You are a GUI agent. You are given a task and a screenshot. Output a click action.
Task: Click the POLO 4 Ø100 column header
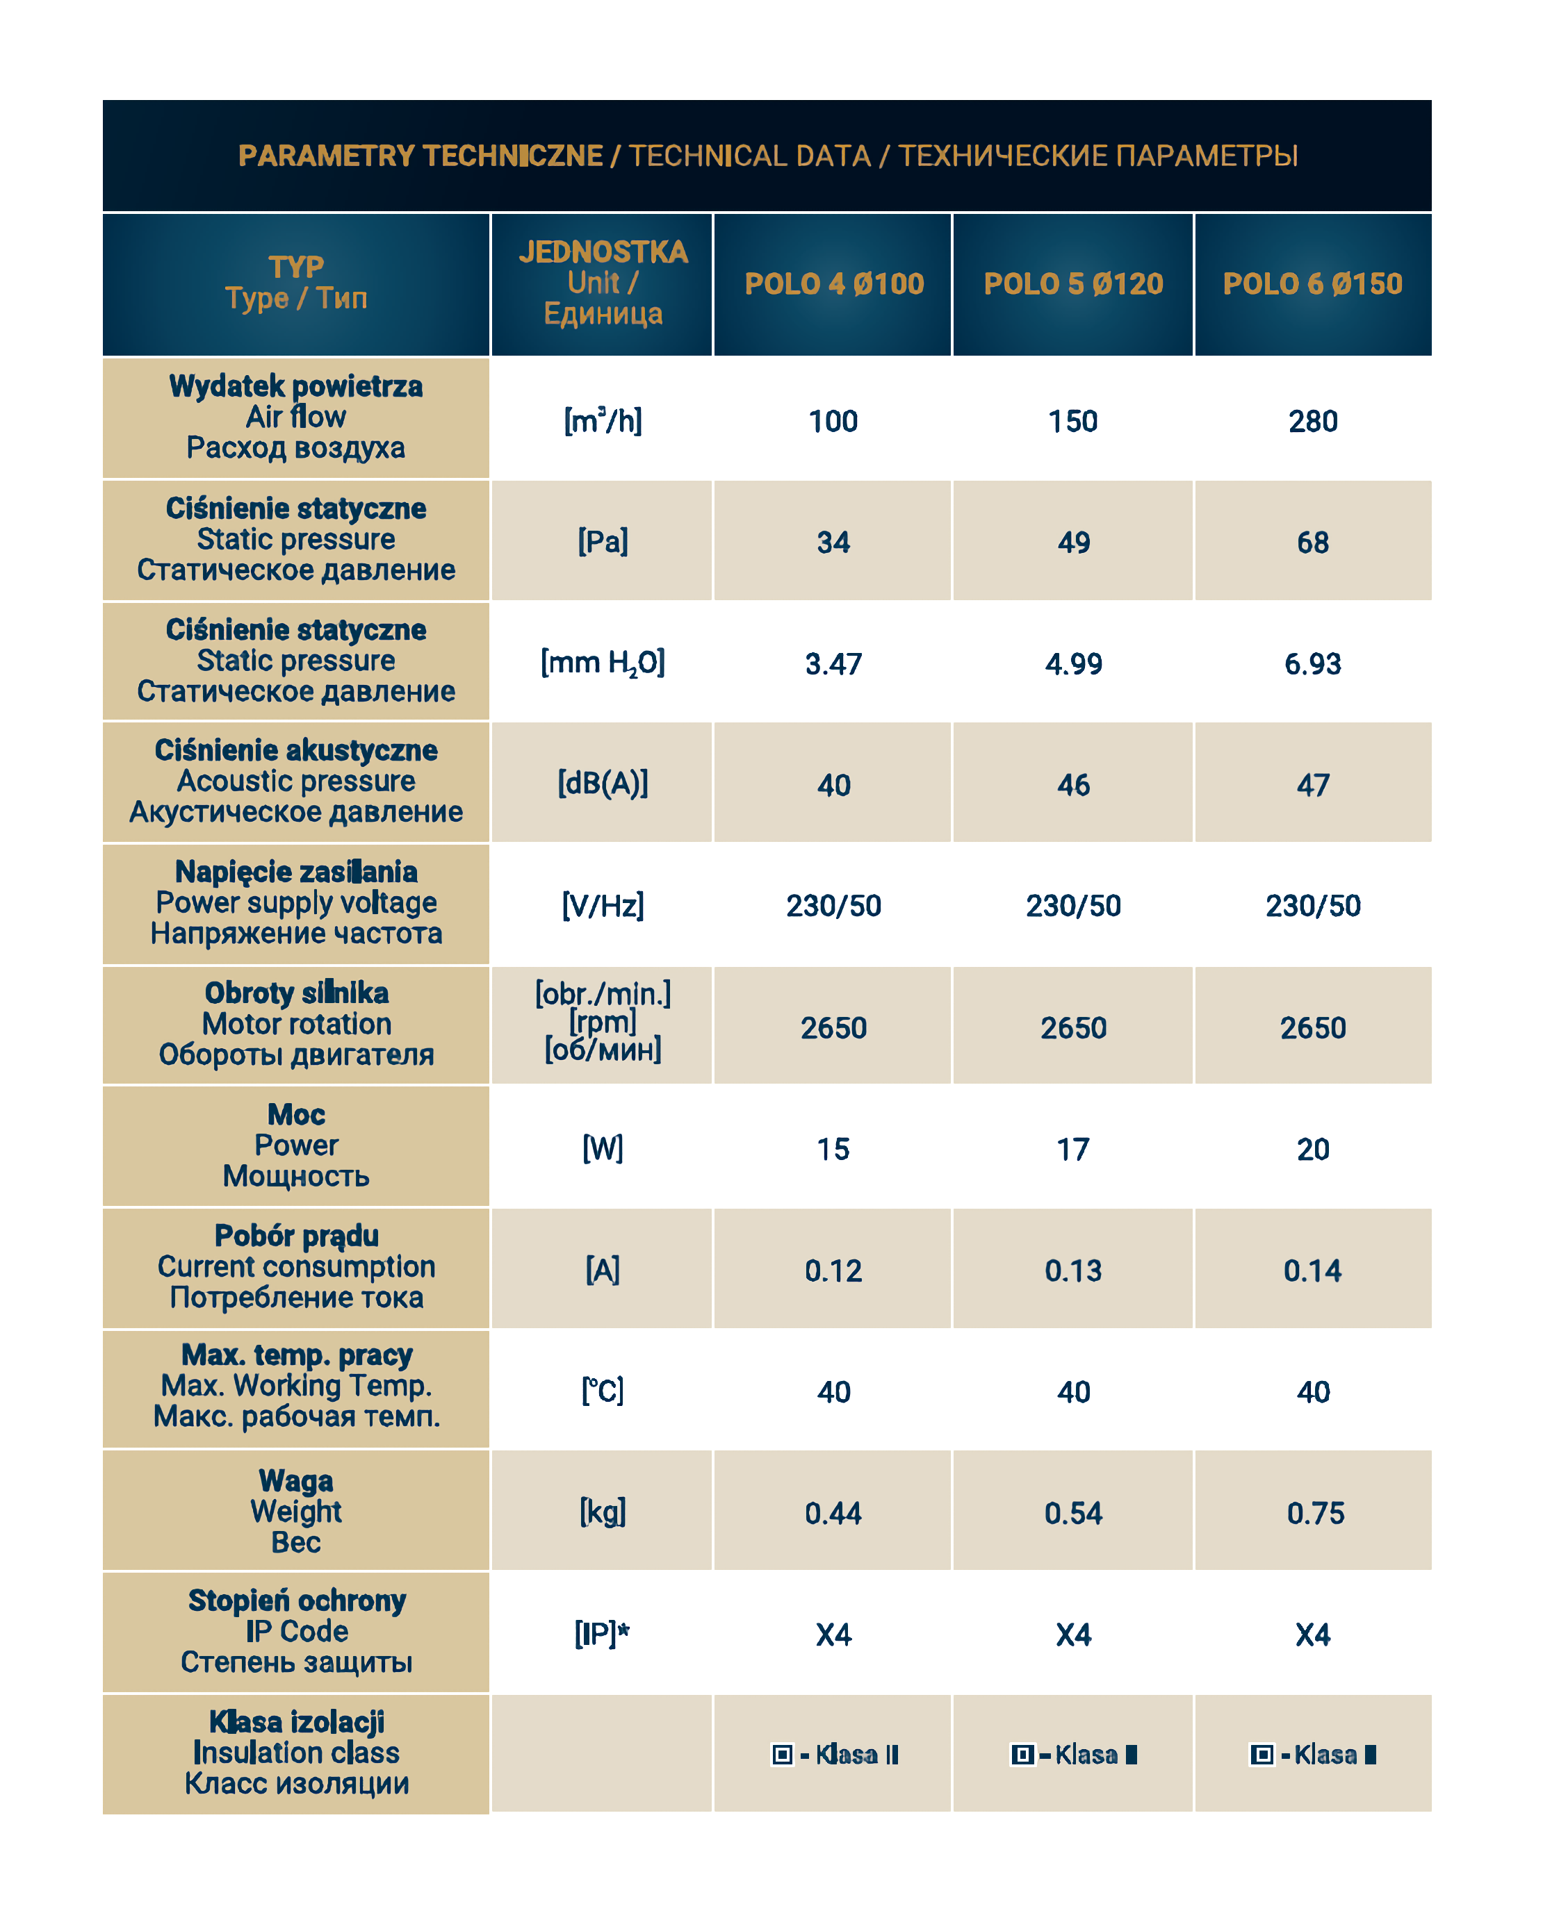tap(834, 284)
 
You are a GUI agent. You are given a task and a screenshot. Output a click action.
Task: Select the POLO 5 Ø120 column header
tap(1074, 284)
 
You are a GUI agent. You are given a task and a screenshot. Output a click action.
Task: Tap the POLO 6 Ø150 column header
tap(1312, 284)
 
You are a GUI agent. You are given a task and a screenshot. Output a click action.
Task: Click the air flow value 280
tap(1312, 421)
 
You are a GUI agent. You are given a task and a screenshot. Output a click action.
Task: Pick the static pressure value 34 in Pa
tap(834, 543)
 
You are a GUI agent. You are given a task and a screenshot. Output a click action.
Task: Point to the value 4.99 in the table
tap(1074, 663)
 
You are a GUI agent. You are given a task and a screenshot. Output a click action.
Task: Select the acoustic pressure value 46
tap(1074, 784)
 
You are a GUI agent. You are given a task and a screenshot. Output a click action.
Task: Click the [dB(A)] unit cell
tap(603, 784)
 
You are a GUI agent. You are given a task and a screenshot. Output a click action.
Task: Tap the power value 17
tap(1074, 1150)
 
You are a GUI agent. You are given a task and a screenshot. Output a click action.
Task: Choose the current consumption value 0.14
tap(1312, 1271)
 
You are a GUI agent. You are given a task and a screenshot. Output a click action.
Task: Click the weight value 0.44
tap(834, 1513)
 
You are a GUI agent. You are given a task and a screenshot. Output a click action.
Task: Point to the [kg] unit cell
tap(603, 1512)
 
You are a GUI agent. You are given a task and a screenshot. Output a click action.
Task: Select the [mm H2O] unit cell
tap(603, 663)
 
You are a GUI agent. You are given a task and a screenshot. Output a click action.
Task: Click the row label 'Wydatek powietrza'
tap(296, 386)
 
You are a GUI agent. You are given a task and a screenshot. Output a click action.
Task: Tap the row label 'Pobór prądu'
tap(297, 1236)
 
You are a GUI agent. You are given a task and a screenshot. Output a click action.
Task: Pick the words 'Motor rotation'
tap(297, 1024)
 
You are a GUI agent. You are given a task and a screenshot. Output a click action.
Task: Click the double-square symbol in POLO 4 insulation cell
tap(782, 1755)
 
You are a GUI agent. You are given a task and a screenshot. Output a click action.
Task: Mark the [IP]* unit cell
tap(603, 1633)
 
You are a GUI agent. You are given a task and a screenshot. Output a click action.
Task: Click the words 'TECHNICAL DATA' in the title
tap(750, 156)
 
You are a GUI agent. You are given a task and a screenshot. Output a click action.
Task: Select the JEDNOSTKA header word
tap(603, 252)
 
